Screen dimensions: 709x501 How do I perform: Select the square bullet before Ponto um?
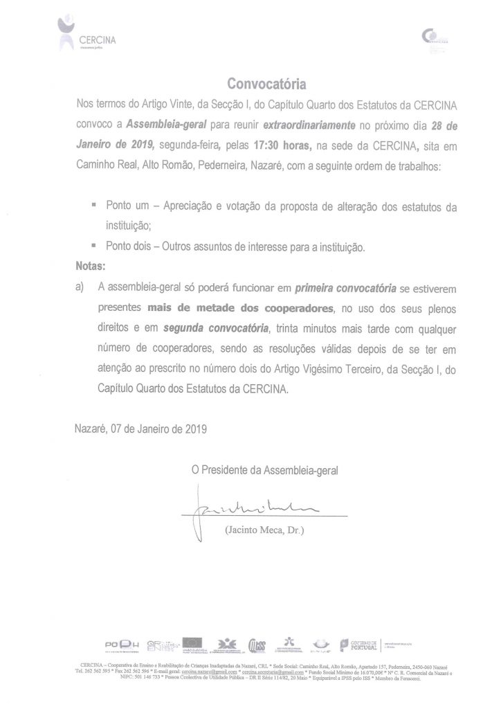pyautogui.click(x=93, y=206)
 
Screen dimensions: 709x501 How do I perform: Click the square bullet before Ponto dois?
pyautogui.click(x=93, y=246)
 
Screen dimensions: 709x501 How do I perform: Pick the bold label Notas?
pyautogui.click(x=88, y=265)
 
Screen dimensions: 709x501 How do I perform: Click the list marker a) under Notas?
pyautogui.click(x=78, y=286)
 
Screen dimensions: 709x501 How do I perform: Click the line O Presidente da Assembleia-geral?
pyautogui.click(x=266, y=471)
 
